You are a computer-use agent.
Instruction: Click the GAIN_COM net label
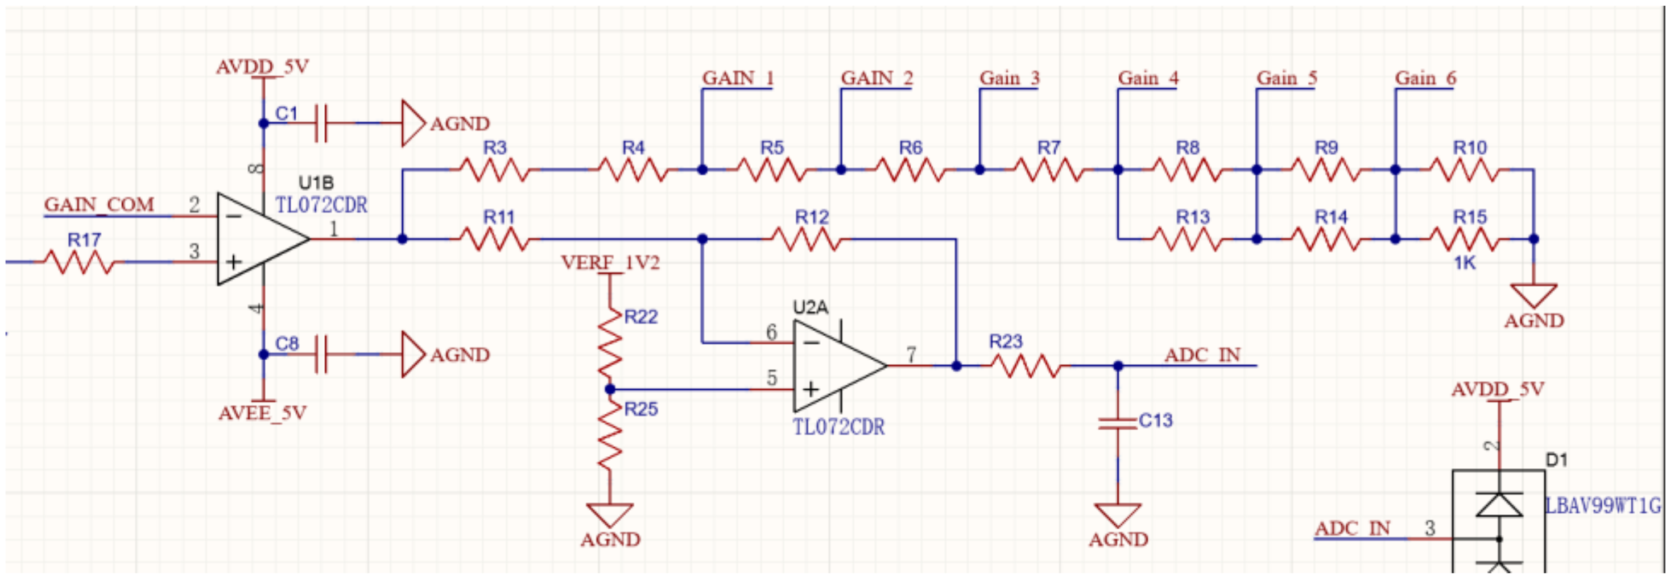[99, 205]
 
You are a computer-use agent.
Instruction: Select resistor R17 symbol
[79, 262]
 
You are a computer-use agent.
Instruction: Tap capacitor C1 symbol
[321, 123]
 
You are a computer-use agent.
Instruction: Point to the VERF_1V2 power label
[609, 263]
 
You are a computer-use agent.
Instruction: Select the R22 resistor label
[640, 317]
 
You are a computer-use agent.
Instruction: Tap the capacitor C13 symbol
[1118, 423]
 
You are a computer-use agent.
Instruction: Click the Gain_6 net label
[1425, 79]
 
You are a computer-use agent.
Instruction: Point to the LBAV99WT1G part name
[1602, 506]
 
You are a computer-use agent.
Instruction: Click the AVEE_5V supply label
[262, 414]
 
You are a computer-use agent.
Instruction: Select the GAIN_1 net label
[738, 79]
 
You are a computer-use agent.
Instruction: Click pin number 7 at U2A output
[911, 355]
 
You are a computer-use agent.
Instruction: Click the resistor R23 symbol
[1026, 366]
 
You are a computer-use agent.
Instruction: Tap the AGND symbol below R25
[609, 516]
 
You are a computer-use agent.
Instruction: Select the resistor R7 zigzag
[1048, 170]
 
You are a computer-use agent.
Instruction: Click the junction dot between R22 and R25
[609, 390]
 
